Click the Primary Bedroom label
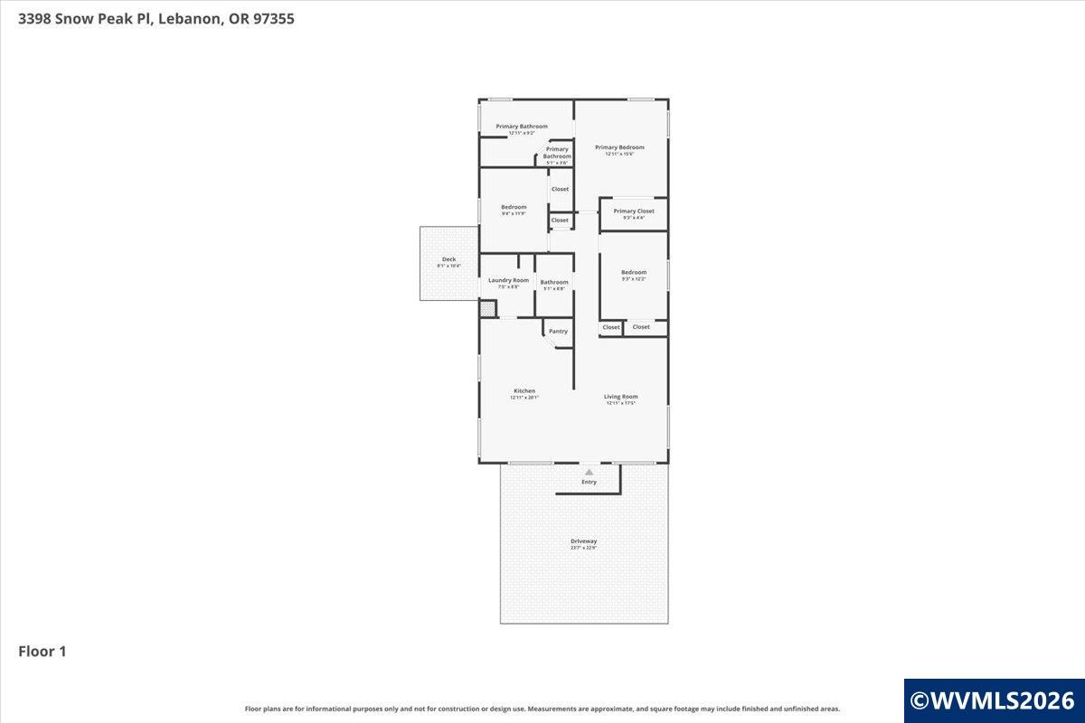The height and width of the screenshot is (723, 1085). tap(619, 147)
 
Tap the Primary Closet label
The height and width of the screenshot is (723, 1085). tap(634, 211)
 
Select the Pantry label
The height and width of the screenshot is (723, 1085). tap(559, 332)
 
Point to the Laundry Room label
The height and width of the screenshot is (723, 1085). tap(508, 280)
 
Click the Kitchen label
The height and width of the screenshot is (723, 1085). tap(524, 391)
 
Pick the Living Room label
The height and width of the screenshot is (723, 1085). tap(621, 397)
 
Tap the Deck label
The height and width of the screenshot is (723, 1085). tap(448, 259)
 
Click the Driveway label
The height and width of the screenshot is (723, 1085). tap(583, 541)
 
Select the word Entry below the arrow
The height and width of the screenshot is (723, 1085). tap(589, 483)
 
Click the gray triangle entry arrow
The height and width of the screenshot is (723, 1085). tap(589, 472)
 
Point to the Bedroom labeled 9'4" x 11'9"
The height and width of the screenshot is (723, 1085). tap(514, 207)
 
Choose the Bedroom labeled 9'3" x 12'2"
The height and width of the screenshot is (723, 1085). tap(634, 272)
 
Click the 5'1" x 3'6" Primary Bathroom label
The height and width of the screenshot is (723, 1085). tap(557, 153)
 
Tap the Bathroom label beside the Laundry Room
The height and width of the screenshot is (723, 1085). tap(554, 282)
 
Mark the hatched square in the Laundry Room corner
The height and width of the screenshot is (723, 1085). tap(487, 309)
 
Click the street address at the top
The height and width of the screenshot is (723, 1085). tap(156, 18)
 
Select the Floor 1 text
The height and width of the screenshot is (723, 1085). tap(42, 651)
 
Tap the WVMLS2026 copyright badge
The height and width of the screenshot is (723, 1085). tap(993, 700)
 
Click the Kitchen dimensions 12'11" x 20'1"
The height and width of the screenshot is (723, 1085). tap(524, 398)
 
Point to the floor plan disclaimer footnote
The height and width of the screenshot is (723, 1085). tap(542, 709)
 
